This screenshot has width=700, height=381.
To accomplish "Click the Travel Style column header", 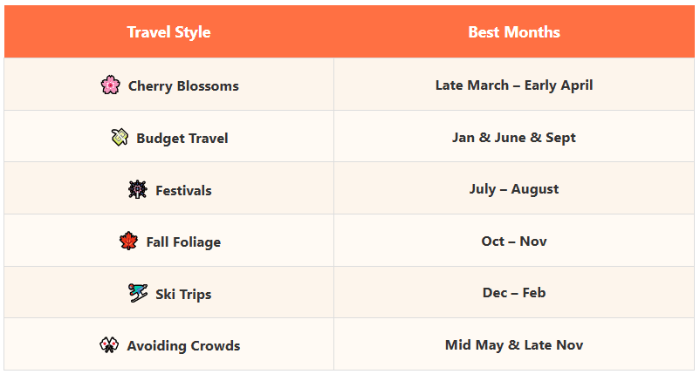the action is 168,32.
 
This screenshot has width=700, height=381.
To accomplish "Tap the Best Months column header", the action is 514,32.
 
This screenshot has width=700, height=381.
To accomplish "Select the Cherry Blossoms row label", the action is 183,85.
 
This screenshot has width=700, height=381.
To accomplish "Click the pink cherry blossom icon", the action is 110,85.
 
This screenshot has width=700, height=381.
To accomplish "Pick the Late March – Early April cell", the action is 514,85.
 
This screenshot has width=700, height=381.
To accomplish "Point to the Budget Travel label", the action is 182,138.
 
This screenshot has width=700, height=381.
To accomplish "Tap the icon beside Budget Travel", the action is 120,137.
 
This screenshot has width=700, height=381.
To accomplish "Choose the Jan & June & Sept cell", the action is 514,138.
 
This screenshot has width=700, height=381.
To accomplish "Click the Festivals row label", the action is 183,190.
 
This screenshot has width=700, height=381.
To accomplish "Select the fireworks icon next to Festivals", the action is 138,189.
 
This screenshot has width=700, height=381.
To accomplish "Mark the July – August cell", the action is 514,189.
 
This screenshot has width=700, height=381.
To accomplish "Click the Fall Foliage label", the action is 183,242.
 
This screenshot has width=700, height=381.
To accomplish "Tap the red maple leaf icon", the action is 128,241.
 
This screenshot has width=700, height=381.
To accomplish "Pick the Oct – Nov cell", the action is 514,242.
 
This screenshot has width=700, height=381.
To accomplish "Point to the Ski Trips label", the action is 183,295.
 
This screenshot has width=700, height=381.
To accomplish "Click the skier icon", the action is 138,293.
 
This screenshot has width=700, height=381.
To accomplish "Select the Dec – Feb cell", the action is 514,293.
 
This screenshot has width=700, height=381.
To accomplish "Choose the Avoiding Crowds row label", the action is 183,346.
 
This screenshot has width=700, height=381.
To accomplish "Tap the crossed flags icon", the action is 109,345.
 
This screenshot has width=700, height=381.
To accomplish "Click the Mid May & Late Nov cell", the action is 514,345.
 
